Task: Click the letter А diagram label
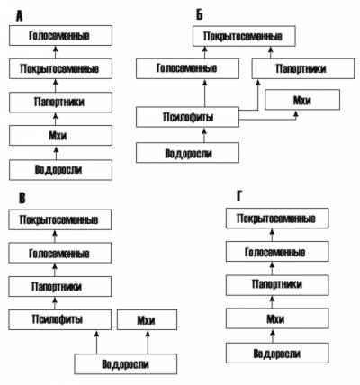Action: click(x=19, y=16)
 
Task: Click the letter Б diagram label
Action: click(x=200, y=14)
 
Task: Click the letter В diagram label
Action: click(x=22, y=198)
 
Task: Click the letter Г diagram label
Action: click(x=239, y=197)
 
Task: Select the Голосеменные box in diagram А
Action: click(x=60, y=35)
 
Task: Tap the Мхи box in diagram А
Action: click(x=60, y=136)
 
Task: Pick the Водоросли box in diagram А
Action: click(x=60, y=170)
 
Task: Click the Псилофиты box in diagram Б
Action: click(x=187, y=117)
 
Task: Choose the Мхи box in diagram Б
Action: click(x=302, y=100)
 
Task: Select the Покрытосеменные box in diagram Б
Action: click(x=244, y=36)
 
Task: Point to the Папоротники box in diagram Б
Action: click(x=303, y=68)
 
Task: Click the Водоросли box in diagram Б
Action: click(x=187, y=153)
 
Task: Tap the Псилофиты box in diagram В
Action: click(x=59, y=319)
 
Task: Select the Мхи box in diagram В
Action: click(x=147, y=320)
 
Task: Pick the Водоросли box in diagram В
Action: click(x=126, y=364)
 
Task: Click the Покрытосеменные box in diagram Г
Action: click(x=277, y=219)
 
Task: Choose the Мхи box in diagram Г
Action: click(x=277, y=318)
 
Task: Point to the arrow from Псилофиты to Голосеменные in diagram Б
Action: click(x=205, y=93)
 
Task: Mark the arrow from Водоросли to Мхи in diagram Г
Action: click(x=273, y=336)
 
